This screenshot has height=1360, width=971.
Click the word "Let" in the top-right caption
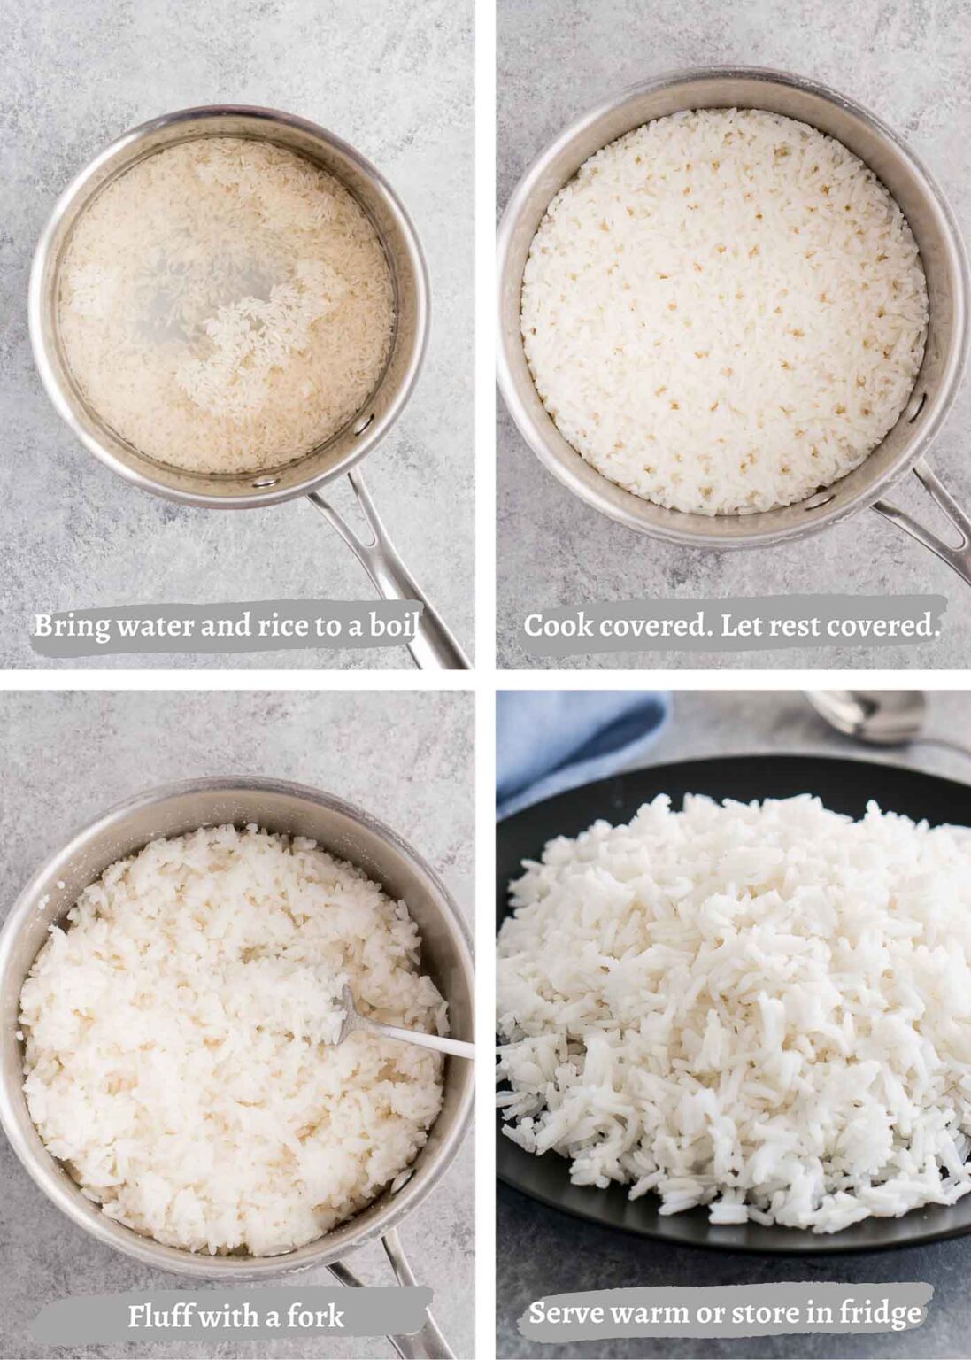click(742, 625)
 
